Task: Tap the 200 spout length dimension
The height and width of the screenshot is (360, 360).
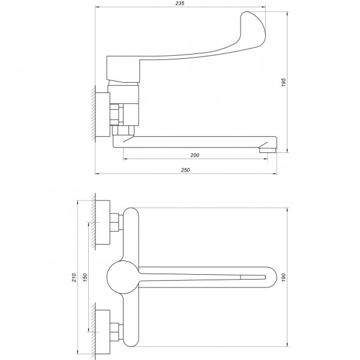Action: [x=194, y=155]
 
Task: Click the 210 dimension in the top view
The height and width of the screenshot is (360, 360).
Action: [x=74, y=277]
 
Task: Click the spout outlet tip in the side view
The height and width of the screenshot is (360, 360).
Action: [x=267, y=150]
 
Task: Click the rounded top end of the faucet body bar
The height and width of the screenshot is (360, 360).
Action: [x=131, y=215]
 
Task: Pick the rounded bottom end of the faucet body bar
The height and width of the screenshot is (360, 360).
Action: [x=131, y=340]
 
